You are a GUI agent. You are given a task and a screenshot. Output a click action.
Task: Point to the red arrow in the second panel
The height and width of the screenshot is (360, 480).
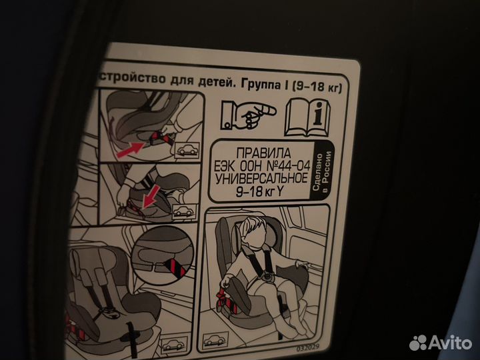click(x=152, y=195)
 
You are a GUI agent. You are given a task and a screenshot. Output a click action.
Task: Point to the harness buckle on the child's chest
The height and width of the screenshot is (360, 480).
click(x=267, y=274)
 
